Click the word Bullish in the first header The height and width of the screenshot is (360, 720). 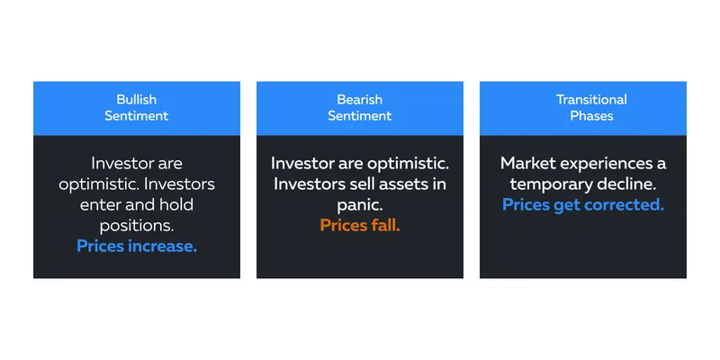pyautogui.click(x=137, y=100)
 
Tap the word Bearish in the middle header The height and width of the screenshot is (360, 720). pyautogui.click(x=359, y=100)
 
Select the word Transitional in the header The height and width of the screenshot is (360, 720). pyautogui.click(x=591, y=100)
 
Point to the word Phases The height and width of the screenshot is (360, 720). pyautogui.click(x=591, y=116)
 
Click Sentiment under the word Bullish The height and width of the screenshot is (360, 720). pyautogui.click(x=137, y=116)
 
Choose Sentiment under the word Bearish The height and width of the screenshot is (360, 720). pyautogui.click(x=359, y=116)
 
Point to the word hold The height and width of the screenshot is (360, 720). pyautogui.click(x=175, y=205)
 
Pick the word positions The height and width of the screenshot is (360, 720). pyautogui.click(x=137, y=226)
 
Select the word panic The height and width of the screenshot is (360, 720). pyautogui.click(x=359, y=205)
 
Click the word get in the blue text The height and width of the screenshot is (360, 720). pyautogui.click(x=566, y=206)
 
